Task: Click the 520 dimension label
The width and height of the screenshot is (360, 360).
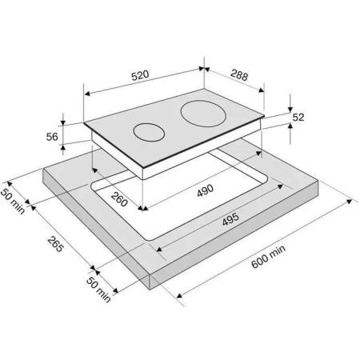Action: click(140, 75)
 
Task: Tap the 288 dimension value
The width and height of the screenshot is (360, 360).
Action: click(239, 75)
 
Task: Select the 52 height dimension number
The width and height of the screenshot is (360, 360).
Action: click(298, 117)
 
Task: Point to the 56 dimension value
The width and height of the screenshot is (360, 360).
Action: click(52, 137)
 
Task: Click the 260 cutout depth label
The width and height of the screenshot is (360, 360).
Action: click(119, 199)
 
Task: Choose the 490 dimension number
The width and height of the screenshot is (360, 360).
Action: click(205, 190)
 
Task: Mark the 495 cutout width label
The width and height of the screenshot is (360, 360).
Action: click(230, 219)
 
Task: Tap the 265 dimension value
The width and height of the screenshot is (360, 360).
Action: click(56, 244)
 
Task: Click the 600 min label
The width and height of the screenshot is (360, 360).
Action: click(268, 257)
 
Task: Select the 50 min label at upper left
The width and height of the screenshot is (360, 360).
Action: click(13, 201)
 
